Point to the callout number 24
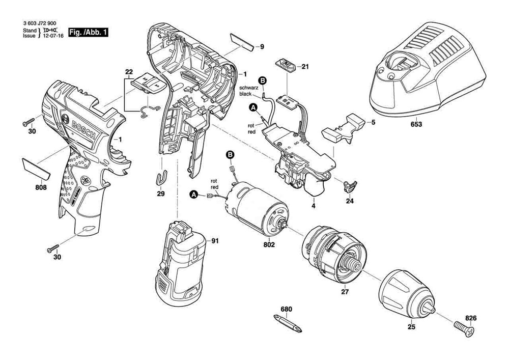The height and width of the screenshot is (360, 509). pos(349,201)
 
